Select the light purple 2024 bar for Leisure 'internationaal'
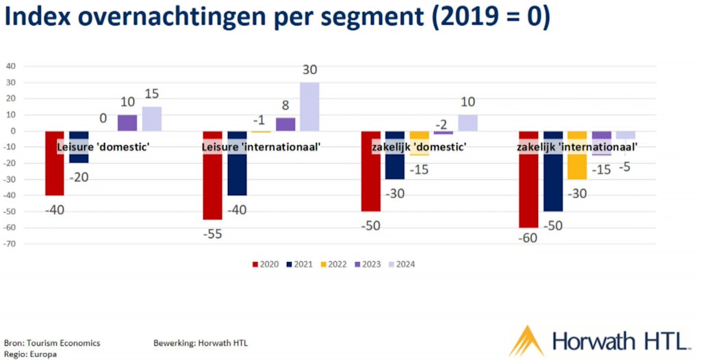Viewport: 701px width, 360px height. pyautogui.click(x=309, y=107)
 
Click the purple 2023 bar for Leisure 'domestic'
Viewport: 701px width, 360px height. pyautogui.click(x=127, y=123)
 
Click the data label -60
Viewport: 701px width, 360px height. pyautogui.click(x=528, y=239)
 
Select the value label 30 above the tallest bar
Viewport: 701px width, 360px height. pyautogui.click(x=309, y=70)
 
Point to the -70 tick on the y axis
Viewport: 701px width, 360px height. pyautogui.click(x=12, y=244)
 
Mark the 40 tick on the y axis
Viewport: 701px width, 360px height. pyautogui.click(x=12, y=66)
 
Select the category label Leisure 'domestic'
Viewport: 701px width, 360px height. pyautogui.click(x=103, y=146)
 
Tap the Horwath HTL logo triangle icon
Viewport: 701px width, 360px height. pyautogui.click(x=526, y=341)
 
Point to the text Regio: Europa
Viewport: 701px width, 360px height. pyautogui.click(x=31, y=355)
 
